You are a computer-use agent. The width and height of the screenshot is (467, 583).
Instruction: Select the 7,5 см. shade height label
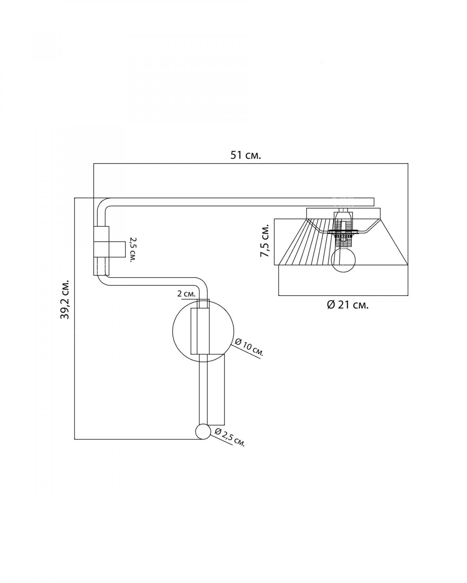point(265,240)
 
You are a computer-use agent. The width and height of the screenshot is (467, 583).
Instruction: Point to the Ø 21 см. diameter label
point(348,305)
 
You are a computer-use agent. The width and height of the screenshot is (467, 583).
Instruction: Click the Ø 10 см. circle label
point(249,349)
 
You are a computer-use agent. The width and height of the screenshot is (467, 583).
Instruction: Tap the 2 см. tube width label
point(186,294)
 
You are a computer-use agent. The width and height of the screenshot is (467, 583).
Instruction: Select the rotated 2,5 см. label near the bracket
point(133,250)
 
